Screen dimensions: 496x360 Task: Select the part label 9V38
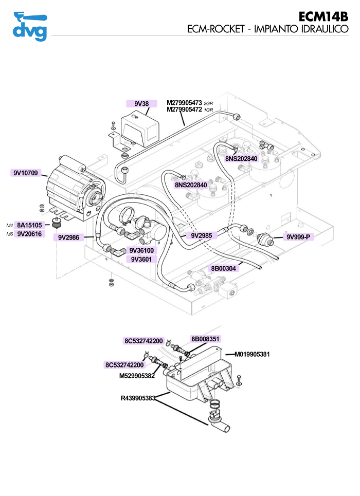[141, 104]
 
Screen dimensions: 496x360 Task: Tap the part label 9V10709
[26, 173]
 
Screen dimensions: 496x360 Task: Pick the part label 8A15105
[30, 225]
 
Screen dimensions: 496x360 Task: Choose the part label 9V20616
[30, 234]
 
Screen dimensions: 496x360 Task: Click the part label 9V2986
[68, 237]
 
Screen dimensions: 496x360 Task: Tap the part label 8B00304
[223, 268]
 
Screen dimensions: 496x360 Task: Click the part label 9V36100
[141, 251]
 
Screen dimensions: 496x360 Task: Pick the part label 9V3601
[141, 260]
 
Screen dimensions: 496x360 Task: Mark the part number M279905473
[185, 103]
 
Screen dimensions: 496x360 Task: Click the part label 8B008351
[206, 339]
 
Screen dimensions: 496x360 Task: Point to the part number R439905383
[138, 398]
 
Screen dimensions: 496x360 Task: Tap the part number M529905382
[137, 376]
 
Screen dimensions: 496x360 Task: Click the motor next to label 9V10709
[72, 187]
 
